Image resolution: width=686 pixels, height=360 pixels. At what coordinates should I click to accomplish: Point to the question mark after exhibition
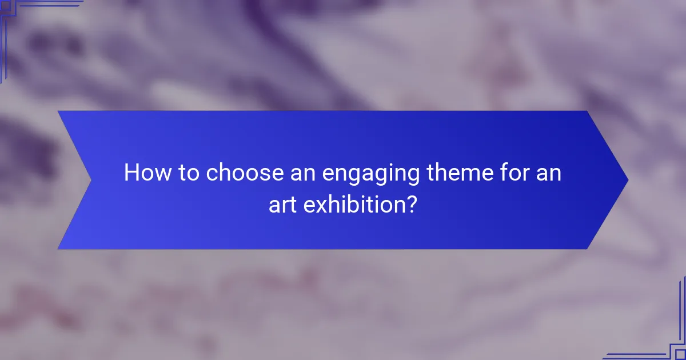(x=410, y=205)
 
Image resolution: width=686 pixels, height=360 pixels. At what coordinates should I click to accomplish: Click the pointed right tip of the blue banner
(x=627, y=180)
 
